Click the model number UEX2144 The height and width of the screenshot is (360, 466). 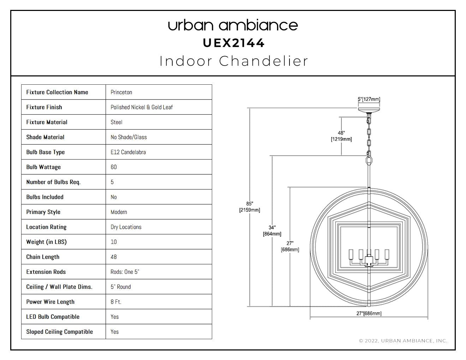point(234,43)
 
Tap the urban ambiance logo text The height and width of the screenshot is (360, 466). point(233,25)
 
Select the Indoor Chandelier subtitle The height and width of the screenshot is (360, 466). point(234,61)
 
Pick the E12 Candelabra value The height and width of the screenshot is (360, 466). point(128,152)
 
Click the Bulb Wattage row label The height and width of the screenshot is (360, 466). point(43,167)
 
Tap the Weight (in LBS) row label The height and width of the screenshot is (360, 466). point(46,242)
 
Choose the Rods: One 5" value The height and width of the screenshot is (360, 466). point(125,272)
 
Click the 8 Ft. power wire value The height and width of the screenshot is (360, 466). point(116,302)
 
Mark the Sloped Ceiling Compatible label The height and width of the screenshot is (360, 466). point(59,332)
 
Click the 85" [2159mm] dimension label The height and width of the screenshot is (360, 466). point(250,207)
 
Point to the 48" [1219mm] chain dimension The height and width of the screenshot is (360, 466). point(341,136)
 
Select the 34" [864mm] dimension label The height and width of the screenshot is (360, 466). point(272,230)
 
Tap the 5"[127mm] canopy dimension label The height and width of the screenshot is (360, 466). point(369,99)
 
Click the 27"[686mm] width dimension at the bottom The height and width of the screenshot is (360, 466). point(369,313)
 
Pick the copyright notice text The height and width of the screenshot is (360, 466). point(403,341)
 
